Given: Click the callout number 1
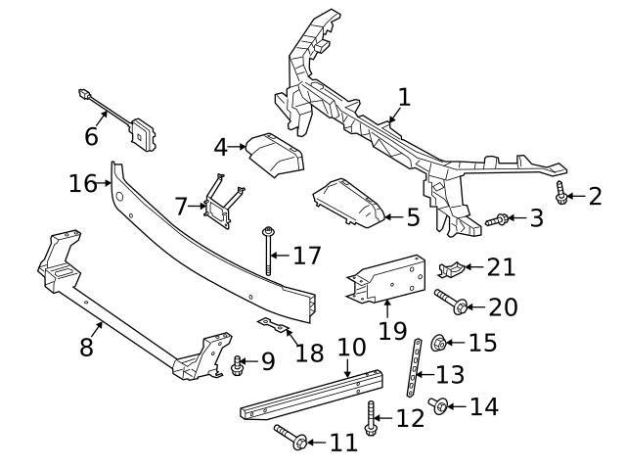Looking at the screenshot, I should click(404, 96).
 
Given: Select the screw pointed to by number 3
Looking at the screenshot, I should click(496, 219).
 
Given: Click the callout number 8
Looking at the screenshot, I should click(86, 347).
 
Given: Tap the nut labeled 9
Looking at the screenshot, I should click(237, 364).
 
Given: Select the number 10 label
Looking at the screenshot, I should click(351, 347).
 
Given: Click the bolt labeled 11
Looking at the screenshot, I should click(289, 436).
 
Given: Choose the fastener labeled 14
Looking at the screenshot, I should click(439, 405).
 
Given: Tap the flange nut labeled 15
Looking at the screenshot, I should click(439, 343).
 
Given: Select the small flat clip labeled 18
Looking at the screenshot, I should click(269, 324).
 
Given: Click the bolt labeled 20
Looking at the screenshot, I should click(448, 303).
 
